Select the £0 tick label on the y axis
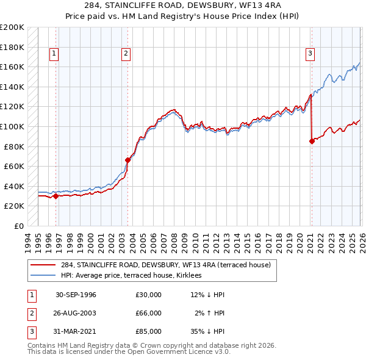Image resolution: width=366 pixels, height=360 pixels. (x=18, y=226)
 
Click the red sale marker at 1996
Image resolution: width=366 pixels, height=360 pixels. (x=56, y=196)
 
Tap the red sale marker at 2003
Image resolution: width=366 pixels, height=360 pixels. (x=127, y=160)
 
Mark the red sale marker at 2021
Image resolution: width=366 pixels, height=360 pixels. (x=312, y=141)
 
